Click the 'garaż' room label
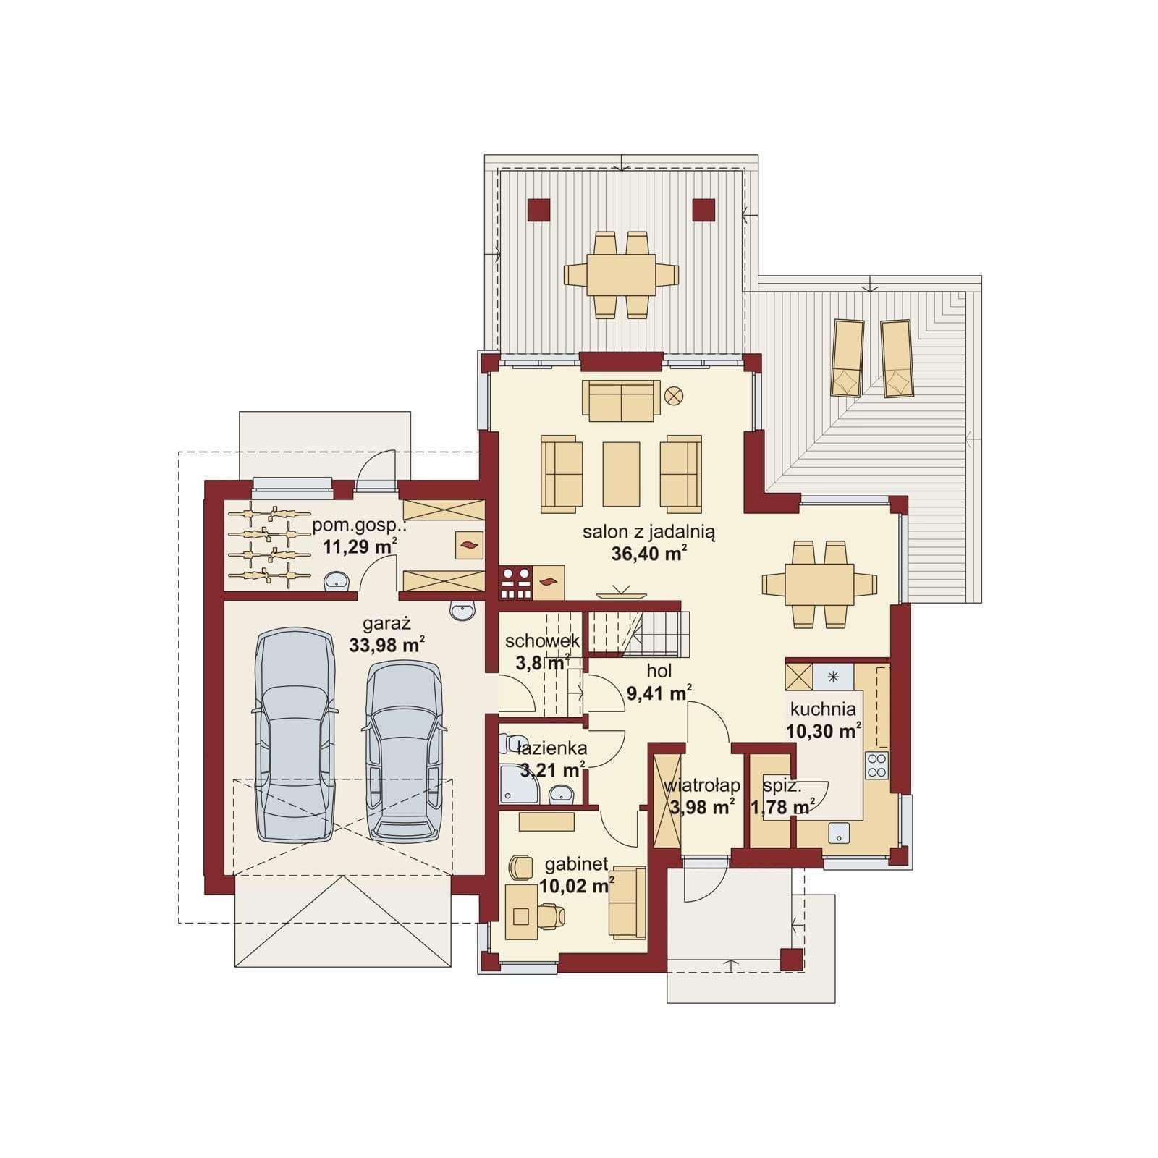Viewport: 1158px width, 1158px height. point(386,623)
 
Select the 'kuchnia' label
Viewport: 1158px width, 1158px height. point(823,709)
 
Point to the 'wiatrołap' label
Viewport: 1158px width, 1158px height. point(701,785)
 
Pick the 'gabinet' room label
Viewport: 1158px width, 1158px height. point(576,863)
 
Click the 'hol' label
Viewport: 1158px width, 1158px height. point(659,670)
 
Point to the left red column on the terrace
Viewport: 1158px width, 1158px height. point(538,210)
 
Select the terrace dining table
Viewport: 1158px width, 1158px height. point(621,275)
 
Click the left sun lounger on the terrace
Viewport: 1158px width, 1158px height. point(848,358)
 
